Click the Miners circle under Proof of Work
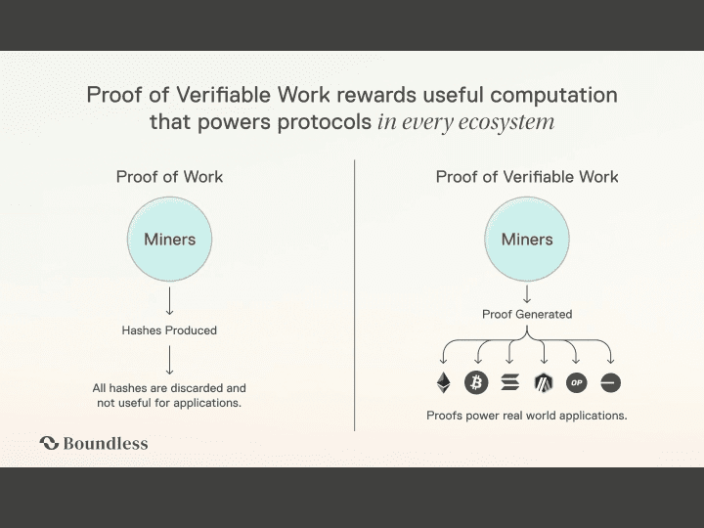point(170,240)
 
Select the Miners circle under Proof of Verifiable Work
point(527,240)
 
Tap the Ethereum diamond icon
point(443,382)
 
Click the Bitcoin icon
point(476,382)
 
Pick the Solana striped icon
point(509,382)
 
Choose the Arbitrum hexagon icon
point(544,382)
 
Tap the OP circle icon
point(577,382)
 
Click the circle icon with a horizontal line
point(610,382)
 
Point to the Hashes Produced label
point(169,330)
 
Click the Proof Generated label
point(527,315)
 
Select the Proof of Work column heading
point(169,177)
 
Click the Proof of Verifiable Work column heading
point(527,177)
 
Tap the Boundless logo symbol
point(49,443)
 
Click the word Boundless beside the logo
point(106,443)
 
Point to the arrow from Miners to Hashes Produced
point(169,299)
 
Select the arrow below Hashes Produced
point(169,360)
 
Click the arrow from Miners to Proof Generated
point(527,292)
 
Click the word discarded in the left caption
point(197,388)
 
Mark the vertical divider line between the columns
point(355,293)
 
